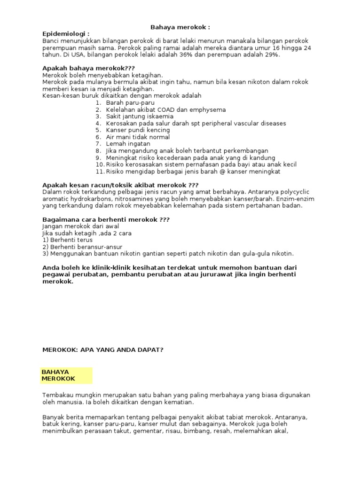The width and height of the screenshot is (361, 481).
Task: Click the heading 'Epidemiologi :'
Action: (x=66, y=34)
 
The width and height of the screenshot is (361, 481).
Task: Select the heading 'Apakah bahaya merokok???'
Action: (x=82, y=68)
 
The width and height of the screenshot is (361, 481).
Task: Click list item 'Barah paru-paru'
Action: (x=130, y=102)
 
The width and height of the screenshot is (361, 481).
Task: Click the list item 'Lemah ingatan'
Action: (x=128, y=144)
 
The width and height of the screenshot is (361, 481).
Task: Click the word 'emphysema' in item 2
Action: (x=207, y=109)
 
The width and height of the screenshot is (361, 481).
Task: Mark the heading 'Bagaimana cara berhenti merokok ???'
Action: (x=106, y=219)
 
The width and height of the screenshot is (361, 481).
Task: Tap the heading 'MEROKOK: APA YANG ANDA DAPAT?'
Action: (x=103, y=349)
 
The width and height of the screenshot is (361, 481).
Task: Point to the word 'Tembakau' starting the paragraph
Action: (x=57, y=396)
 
